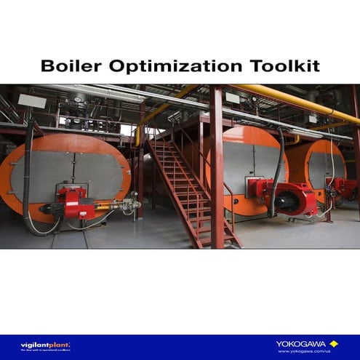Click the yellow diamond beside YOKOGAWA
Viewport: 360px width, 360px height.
[334, 343]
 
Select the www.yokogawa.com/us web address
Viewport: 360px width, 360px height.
[304, 351]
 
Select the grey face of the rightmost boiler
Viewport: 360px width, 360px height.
[318, 167]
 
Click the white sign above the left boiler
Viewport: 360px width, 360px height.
[31, 100]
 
